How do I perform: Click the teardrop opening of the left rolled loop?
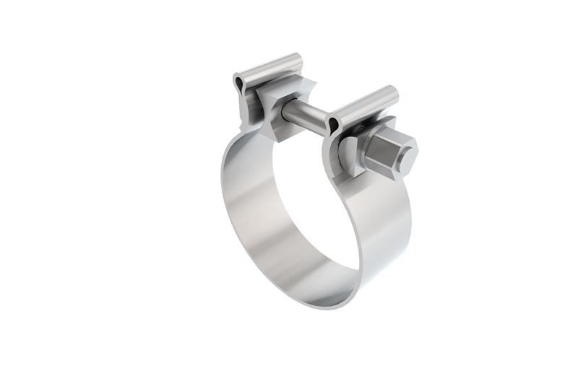239,84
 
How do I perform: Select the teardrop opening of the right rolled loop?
332,126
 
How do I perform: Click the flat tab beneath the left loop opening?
244,108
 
